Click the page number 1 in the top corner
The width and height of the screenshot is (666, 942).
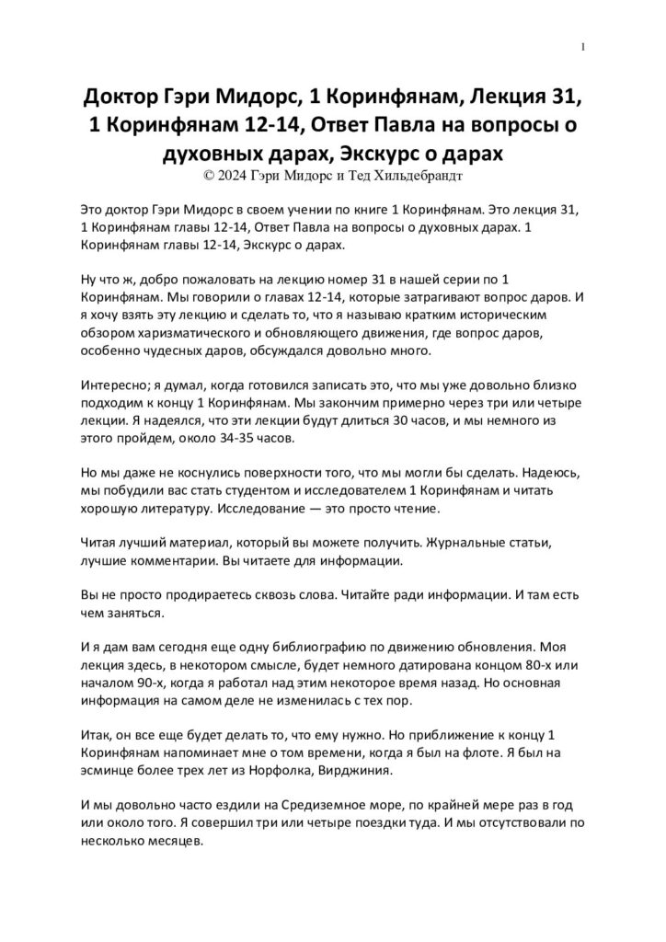coord(585,47)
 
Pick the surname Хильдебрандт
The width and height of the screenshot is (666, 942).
coord(430,171)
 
